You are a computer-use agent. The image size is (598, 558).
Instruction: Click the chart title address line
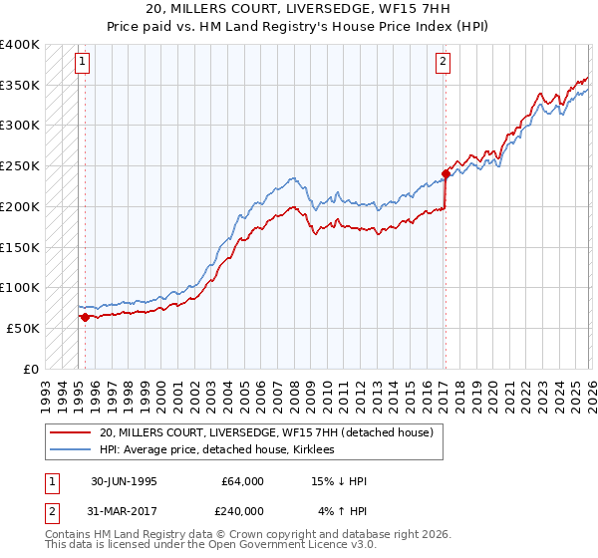tap(298, 9)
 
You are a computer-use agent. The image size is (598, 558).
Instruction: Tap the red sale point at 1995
tap(86, 317)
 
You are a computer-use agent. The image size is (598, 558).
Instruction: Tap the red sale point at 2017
tap(446, 173)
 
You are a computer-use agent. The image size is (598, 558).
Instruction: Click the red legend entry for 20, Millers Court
tap(265, 432)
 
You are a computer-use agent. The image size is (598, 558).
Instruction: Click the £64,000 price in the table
tap(242, 481)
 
